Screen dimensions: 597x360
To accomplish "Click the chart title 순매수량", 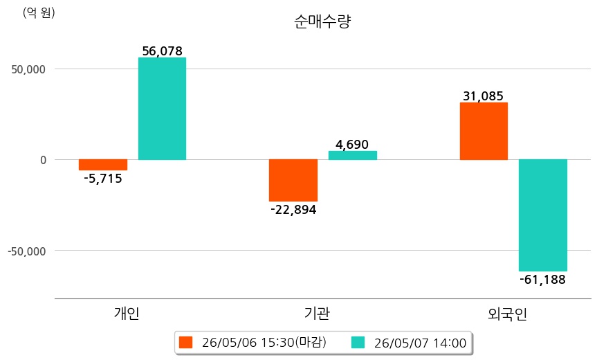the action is [322, 21].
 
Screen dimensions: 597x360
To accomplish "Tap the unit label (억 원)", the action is [39, 13].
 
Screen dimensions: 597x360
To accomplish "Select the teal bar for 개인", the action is [162, 109].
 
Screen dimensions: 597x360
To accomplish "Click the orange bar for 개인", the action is [103, 165].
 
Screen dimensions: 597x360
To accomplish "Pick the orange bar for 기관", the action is [293, 180].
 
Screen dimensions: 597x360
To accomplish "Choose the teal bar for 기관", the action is [353, 156].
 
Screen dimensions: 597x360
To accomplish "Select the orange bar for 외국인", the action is [484, 131].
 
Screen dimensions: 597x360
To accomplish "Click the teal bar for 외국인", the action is [543, 215].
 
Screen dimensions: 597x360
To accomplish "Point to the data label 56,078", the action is [162, 51].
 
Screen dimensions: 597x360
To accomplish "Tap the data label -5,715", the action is [103, 179].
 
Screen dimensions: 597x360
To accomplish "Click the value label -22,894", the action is [293, 210].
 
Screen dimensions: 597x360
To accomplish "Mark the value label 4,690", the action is [352, 145].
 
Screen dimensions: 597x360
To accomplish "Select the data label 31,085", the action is [483, 96].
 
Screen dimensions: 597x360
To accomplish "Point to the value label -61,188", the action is [542, 280].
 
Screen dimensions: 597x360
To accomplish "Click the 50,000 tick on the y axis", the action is [28, 69].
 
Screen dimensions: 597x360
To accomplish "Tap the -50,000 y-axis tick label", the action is [27, 251].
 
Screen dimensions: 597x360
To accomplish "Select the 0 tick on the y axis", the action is [43, 160].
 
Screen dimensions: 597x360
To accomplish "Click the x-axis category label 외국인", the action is [507, 314].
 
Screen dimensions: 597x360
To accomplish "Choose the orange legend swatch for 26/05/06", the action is [186, 343].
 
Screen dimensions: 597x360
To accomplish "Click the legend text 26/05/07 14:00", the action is [421, 343].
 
